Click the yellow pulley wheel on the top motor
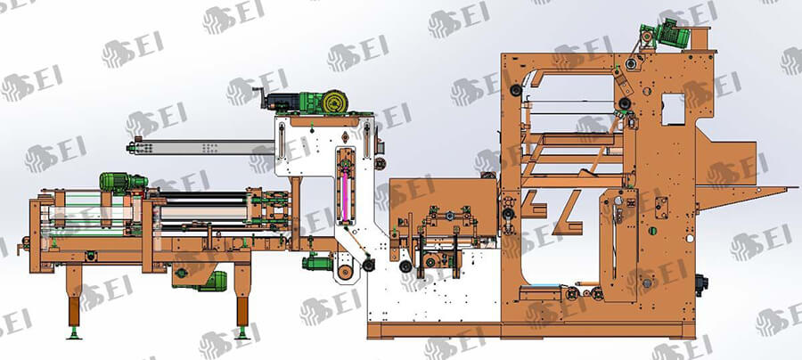pyautogui.click(x=335, y=102)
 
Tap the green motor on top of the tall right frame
pyautogui.click(x=672, y=33)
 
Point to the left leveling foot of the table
pyautogui.click(x=75, y=333)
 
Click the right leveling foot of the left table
pyautogui.click(x=242, y=333)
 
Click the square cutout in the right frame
pyautogui.click(x=673, y=109)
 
